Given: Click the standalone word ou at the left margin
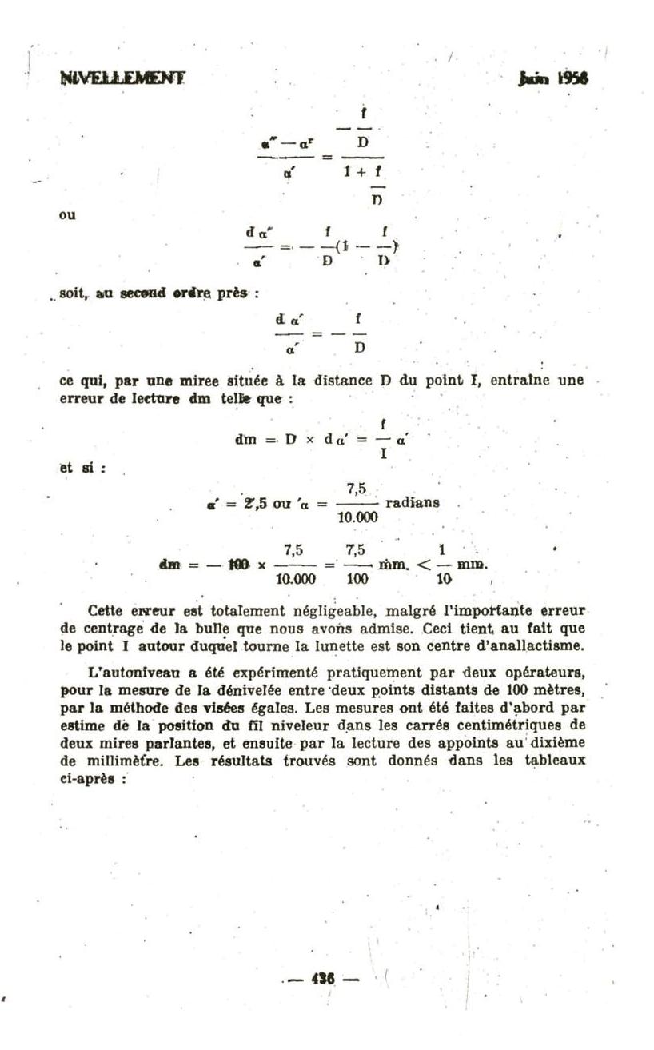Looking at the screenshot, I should click(x=67, y=215).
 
